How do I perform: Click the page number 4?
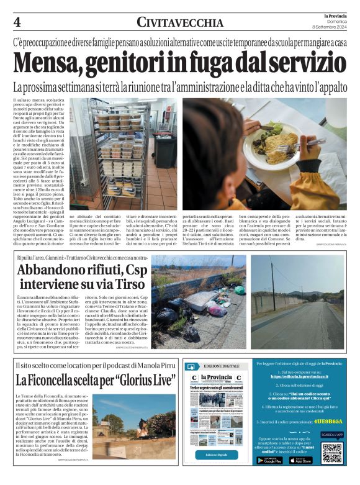[x=17, y=22]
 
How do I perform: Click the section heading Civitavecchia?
[x=180, y=23]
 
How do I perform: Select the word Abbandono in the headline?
[x=55, y=271]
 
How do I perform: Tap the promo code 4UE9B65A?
[x=328, y=420]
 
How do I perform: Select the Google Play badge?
[x=269, y=460]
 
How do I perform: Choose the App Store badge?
[x=300, y=460]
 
